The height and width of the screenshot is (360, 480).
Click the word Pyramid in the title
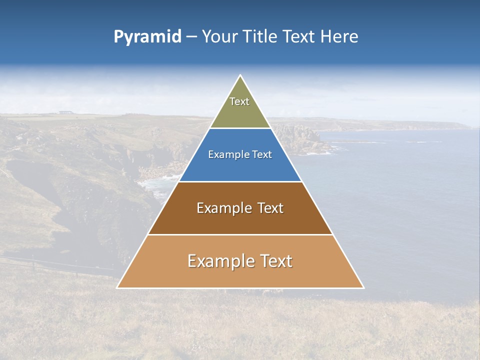pyautogui.click(x=147, y=37)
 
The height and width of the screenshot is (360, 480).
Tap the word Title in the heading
pyautogui.click(x=260, y=36)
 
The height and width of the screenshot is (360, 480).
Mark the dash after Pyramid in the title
pyautogui.click(x=191, y=37)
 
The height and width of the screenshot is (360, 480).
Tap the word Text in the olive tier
pyautogui.click(x=239, y=101)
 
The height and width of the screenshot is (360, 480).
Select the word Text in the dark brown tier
pyautogui.click(x=269, y=208)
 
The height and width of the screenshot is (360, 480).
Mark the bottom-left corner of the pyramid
pyautogui.click(x=118, y=287)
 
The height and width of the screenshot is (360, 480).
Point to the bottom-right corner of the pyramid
pyautogui.click(x=362, y=287)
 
